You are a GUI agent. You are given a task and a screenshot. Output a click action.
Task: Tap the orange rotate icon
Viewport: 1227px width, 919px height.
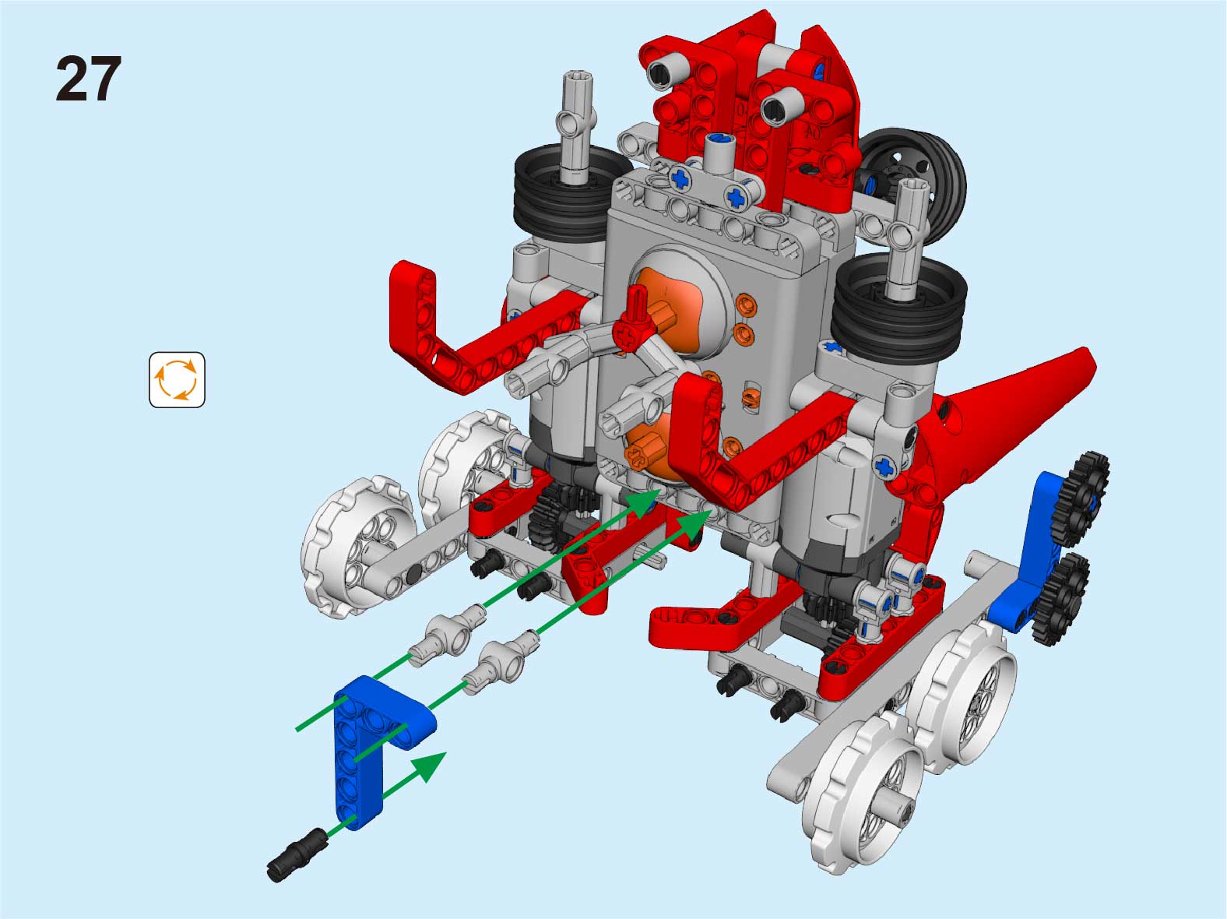point(177,379)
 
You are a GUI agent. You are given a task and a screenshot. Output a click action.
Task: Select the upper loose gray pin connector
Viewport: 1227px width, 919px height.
point(447,636)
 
